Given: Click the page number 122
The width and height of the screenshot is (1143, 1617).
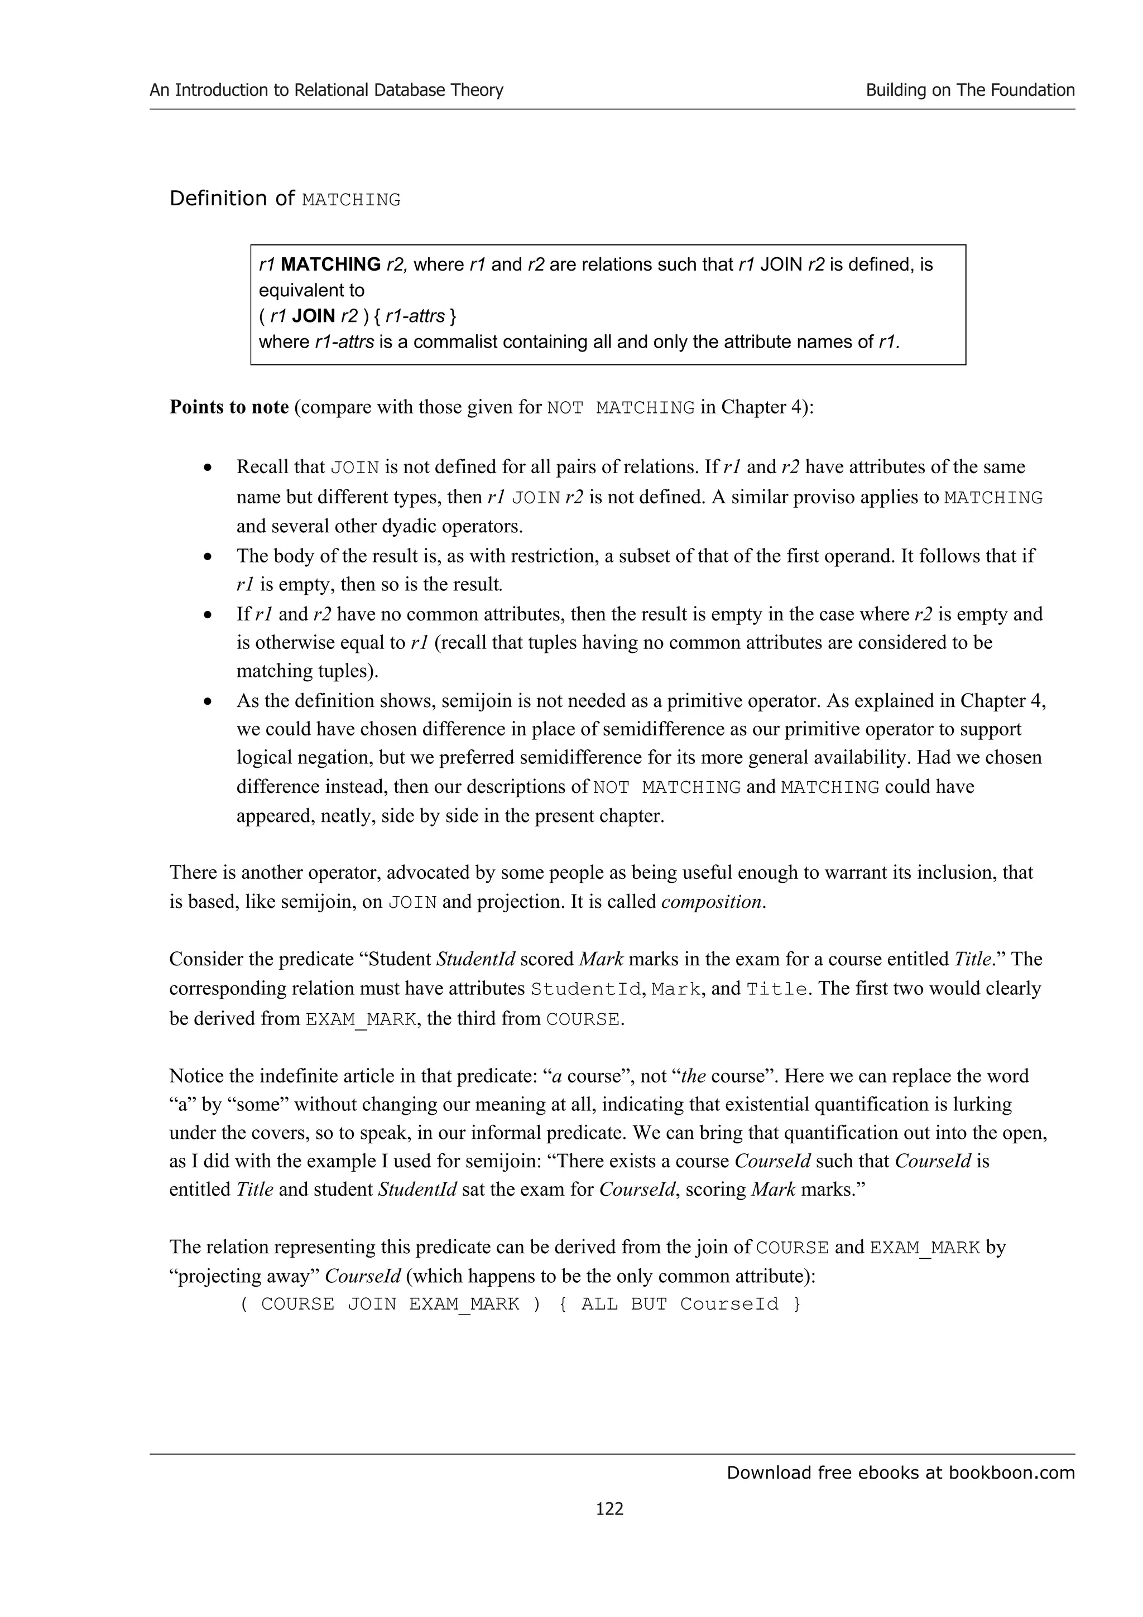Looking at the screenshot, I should pos(609,1508).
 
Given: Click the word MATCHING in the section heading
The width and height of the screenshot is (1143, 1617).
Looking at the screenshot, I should pos(350,200).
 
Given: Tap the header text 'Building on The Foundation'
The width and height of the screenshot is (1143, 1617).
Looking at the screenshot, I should pos(970,90).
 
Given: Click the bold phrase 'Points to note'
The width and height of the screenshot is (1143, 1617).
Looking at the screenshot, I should pos(229,407).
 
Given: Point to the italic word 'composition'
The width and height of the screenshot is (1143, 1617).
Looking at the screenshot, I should pos(712,902).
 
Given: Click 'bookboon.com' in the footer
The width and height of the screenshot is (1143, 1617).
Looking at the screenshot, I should pos(1011,1472).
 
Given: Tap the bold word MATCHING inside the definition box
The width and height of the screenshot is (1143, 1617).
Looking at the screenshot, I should pos(330,265).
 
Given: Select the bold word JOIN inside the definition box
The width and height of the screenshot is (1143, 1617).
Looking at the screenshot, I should pos(314,316).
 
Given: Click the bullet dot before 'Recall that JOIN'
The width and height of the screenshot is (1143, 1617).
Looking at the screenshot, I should pos(207,468).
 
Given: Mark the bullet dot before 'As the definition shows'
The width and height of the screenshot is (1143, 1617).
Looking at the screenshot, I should pos(207,702).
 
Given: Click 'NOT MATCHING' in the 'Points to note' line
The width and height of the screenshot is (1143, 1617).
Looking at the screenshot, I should pos(621,408).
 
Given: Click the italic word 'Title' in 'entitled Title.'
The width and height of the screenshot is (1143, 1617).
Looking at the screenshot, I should pos(972,959).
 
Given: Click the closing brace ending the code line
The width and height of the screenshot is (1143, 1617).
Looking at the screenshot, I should pos(796,1305).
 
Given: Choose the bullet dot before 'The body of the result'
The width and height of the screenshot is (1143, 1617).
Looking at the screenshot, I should pos(207,557).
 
